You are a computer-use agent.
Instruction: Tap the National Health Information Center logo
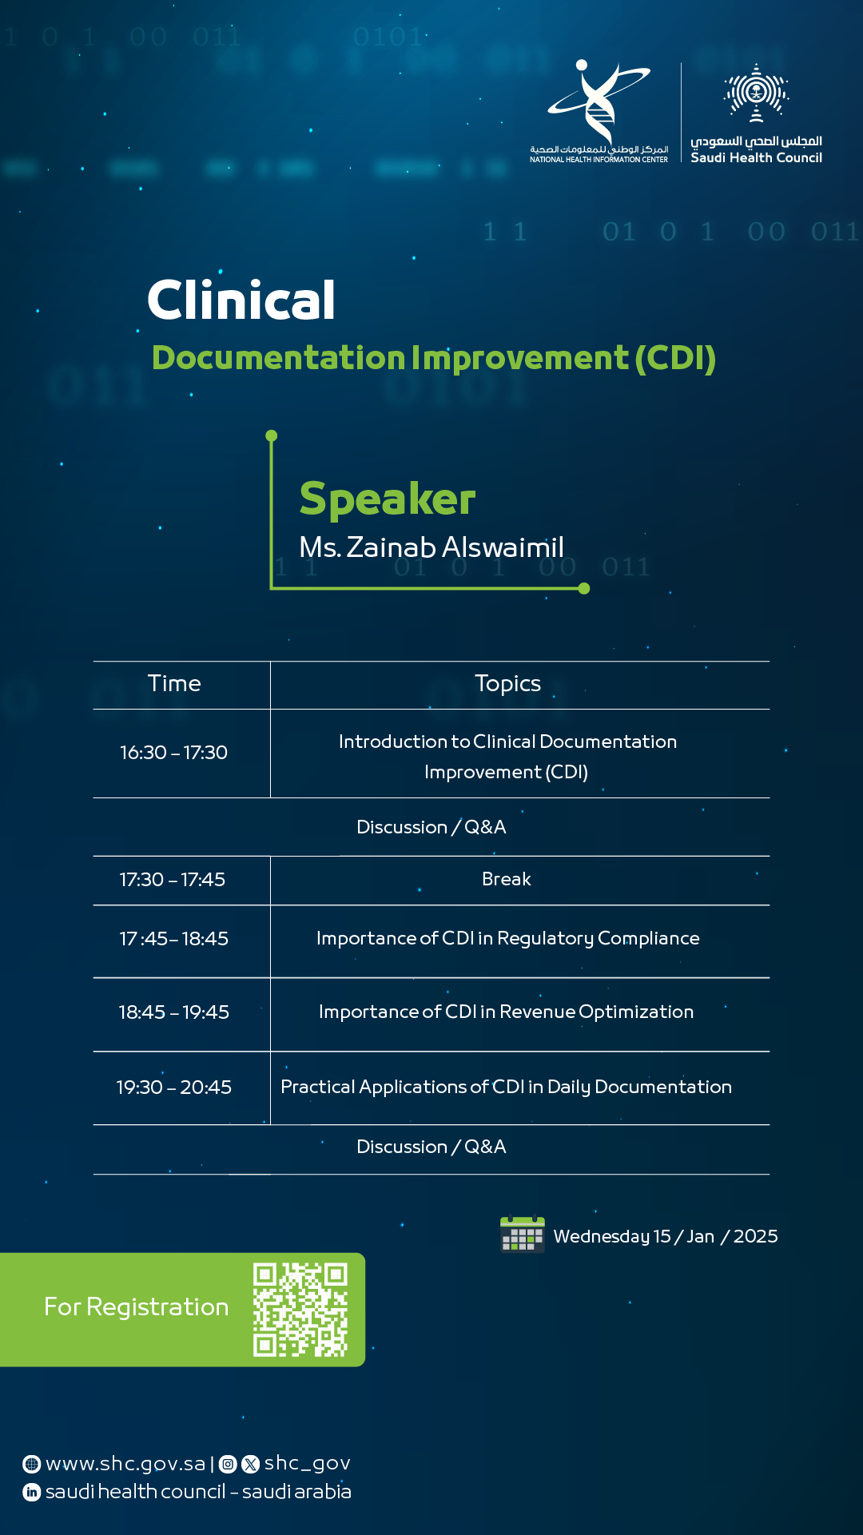(599, 111)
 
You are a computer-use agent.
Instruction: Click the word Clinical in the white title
(241, 300)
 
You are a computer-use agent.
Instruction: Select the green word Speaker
(388, 500)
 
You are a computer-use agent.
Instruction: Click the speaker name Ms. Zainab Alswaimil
(431, 547)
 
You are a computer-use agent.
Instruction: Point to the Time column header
(174, 684)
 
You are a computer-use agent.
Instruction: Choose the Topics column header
(507, 684)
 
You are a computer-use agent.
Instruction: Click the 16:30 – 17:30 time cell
(173, 753)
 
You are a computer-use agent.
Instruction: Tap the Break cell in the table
(507, 879)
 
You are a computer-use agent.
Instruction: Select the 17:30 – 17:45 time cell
(173, 880)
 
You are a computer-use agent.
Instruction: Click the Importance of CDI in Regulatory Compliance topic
(508, 939)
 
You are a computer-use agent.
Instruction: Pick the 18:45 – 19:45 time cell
(173, 1012)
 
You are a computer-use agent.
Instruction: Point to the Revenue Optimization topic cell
(506, 1012)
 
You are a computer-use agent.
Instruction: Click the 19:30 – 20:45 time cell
(173, 1088)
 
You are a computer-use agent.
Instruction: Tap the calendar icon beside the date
(523, 1235)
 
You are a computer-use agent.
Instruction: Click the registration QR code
(300, 1310)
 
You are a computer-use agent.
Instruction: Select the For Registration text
(137, 1307)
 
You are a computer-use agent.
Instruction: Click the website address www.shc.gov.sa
(125, 1464)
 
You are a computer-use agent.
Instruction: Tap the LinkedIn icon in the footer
(32, 1492)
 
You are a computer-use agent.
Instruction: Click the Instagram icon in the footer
(228, 1464)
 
